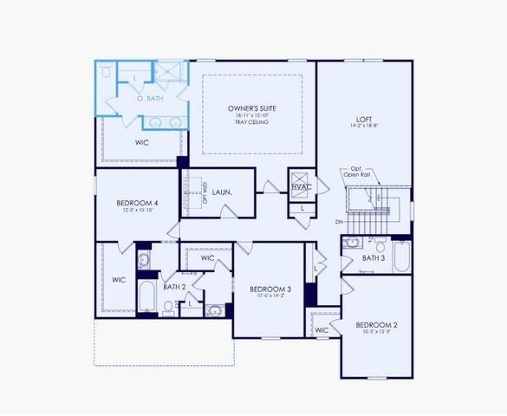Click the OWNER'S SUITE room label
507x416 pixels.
pyautogui.click(x=251, y=108)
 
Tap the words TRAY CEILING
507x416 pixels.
pyautogui.click(x=251, y=122)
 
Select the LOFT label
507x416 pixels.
pyautogui.click(x=364, y=120)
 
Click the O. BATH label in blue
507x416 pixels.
pyautogui.click(x=150, y=99)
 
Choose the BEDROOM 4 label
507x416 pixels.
pyautogui.click(x=137, y=204)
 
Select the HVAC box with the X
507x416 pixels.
pyautogui.click(x=301, y=186)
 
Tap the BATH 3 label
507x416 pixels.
pyautogui.click(x=374, y=258)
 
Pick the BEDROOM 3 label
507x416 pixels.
pyautogui.click(x=270, y=289)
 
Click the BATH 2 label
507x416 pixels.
pyautogui.click(x=174, y=286)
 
